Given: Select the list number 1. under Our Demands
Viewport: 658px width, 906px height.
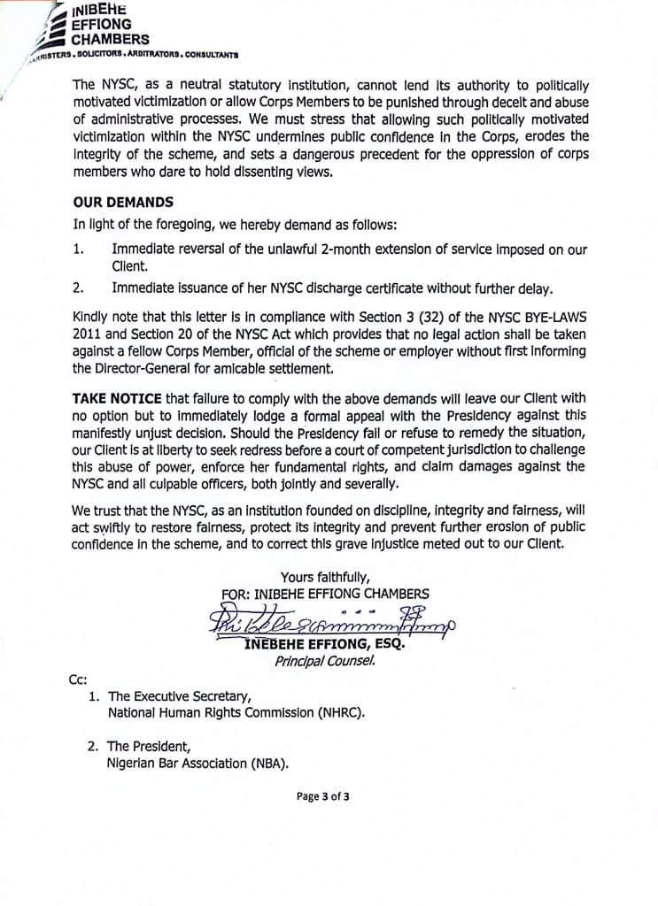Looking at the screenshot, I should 79,250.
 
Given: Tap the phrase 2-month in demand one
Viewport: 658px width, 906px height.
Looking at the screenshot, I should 324,250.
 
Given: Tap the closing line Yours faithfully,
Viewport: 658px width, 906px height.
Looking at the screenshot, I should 325,578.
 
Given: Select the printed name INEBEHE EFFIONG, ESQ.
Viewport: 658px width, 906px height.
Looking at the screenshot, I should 323,645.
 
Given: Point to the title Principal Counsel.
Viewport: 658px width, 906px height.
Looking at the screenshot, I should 325,661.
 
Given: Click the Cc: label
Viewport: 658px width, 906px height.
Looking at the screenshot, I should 78,679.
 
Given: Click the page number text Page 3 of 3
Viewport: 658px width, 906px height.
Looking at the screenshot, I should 323,796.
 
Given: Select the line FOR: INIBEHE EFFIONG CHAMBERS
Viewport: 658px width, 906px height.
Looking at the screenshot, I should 325,595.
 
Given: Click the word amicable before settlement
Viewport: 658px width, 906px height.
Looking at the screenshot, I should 238,368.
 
